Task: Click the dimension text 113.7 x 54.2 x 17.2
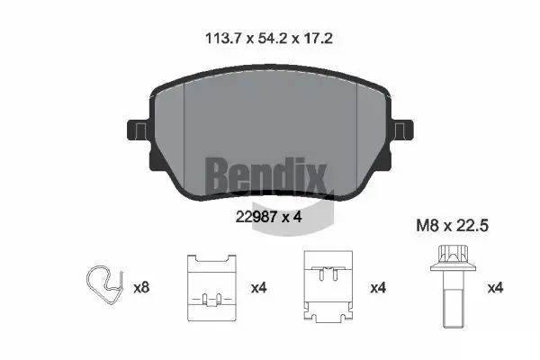click(x=269, y=39)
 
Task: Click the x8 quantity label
click(x=141, y=288)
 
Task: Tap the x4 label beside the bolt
click(x=496, y=288)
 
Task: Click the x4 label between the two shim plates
click(x=259, y=288)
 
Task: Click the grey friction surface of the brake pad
click(x=270, y=117)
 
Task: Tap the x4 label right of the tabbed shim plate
click(x=379, y=288)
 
